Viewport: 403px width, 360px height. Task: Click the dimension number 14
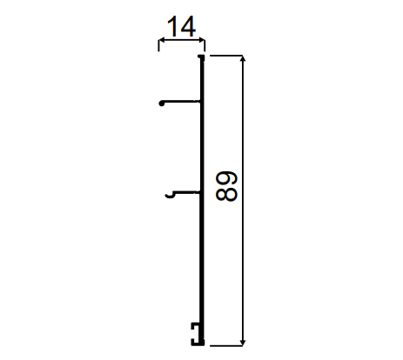pos(182,26)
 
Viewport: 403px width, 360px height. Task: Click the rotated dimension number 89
pos(226,186)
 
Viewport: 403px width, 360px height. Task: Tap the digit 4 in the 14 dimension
pos(187,26)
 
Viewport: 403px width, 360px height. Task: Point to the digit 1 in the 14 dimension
pos(172,26)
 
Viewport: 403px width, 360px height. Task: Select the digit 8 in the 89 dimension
pos(226,194)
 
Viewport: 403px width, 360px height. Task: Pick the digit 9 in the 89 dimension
pos(226,179)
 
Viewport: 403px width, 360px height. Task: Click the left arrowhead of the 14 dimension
pos(161,41)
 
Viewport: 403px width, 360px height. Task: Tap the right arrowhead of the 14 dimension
pos(202,41)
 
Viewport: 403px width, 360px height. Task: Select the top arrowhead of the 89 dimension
pos(243,58)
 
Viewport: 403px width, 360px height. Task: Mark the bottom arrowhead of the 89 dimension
pos(243,343)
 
